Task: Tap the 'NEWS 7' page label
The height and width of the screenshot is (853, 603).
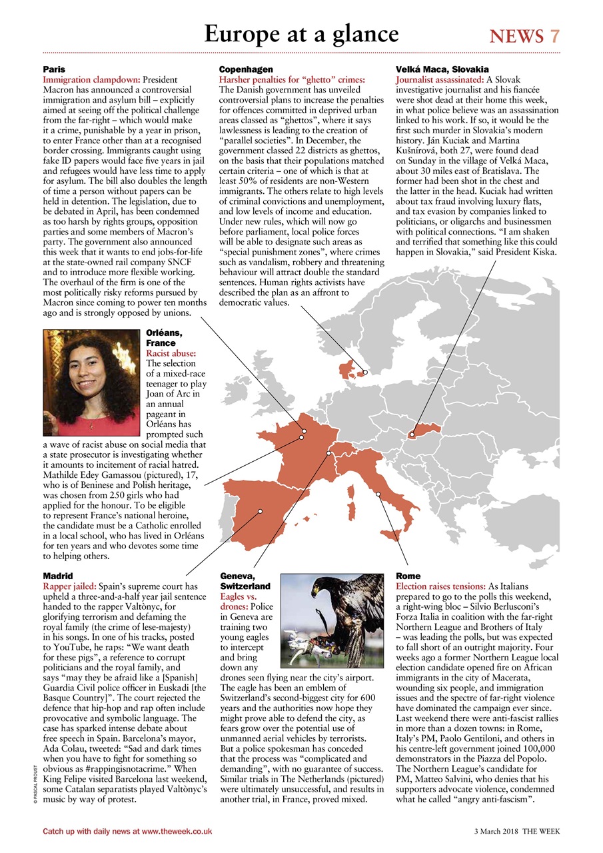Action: [524, 36]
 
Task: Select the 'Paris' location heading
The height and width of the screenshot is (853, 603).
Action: [54, 69]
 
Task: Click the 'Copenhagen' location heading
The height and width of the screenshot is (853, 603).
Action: [246, 69]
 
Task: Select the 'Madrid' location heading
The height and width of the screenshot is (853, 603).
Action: [58, 575]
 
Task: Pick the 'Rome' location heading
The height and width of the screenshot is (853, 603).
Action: [408, 575]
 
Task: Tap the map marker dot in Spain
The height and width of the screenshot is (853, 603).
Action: [261, 511]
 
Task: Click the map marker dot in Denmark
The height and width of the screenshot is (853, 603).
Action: [365, 373]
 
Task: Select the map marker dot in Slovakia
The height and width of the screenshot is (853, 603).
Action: [412, 434]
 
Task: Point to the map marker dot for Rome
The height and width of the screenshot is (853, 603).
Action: [378, 494]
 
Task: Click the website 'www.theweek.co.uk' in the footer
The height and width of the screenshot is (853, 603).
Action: [177, 832]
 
